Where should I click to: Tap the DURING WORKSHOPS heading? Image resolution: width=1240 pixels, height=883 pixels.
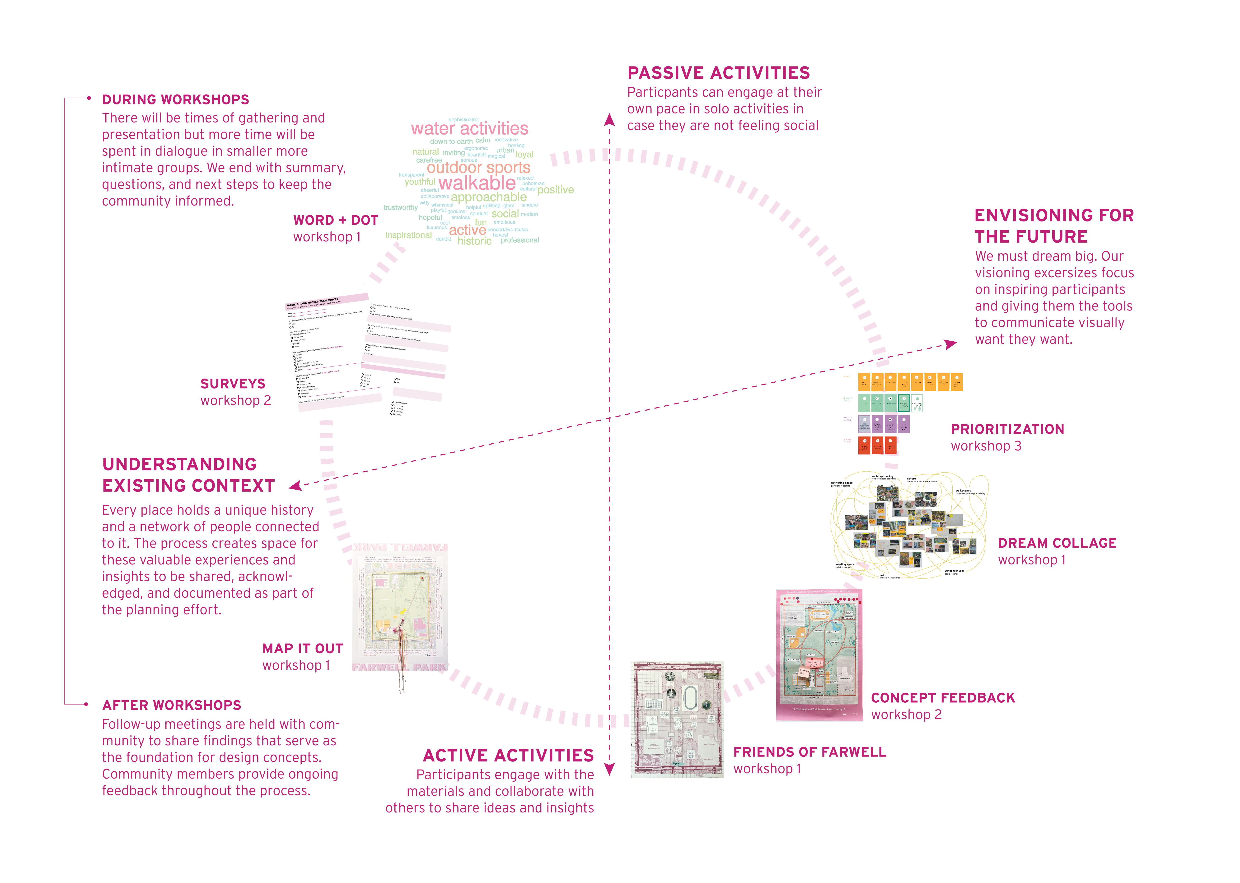click(x=176, y=99)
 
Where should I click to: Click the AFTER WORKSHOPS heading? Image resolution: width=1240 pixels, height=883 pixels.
click(x=172, y=705)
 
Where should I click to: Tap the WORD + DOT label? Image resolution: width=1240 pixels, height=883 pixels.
click(x=335, y=220)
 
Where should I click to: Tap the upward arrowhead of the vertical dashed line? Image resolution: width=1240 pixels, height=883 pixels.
click(x=609, y=120)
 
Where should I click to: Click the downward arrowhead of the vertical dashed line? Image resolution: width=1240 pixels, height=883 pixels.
click(x=609, y=769)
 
